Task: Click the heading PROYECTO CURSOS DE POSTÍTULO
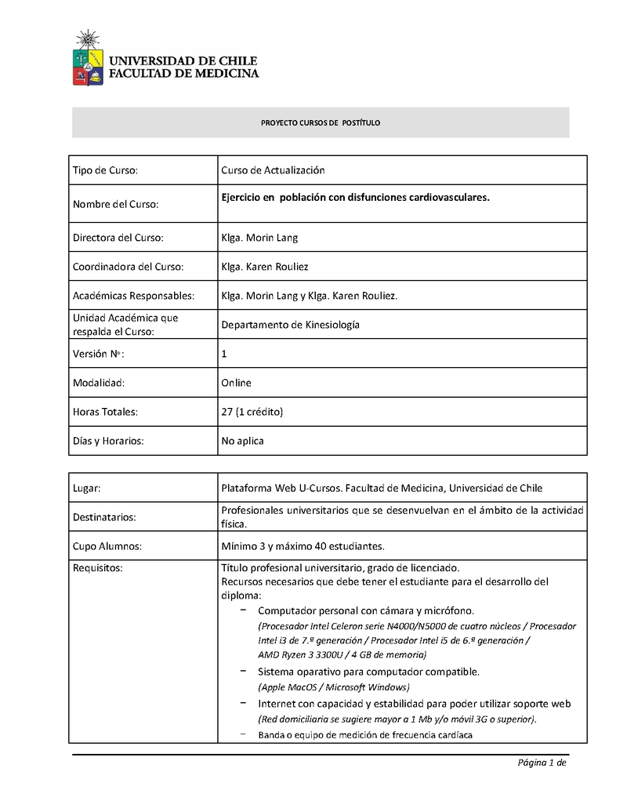pyautogui.click(x=320, y=123)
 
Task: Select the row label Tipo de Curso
pyautogui.click(x=106, y=170)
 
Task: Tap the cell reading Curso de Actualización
pyautogui.click(x=273, y=170)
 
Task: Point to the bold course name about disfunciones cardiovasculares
pyautogui.click(x=355, y=197)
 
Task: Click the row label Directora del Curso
pyautogui.click(x=118, y=237)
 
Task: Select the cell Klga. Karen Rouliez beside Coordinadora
pyautogui.click(x=265, y=267)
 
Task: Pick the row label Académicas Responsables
pyautogui.click(x=133, y=296)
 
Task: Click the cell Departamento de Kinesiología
pyautogui.click(x=290, y=325)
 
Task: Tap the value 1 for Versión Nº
pyautogui.click(x=224, y=354)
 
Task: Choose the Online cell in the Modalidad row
pyautogui.click(x=236, y=383)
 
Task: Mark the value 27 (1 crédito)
pyautogui.click(x=252, y=411)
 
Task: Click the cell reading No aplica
pyautogui.click(x=243, y=441)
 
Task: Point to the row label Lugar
pyautogui.click(x=87, y=488)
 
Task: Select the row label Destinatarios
pyautogui.click(x=104, y=517)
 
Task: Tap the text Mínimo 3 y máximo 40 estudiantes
pyautogui.click(x=303, y=545)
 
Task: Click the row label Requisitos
pyautogui.click(x=98, y=568)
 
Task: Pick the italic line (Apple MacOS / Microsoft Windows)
pyautogui.click(x=334, y=687)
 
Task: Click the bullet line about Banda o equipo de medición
pyautogui.click(x=365, y=735)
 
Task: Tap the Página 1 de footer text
pyautogui.click(x=541, y=763)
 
